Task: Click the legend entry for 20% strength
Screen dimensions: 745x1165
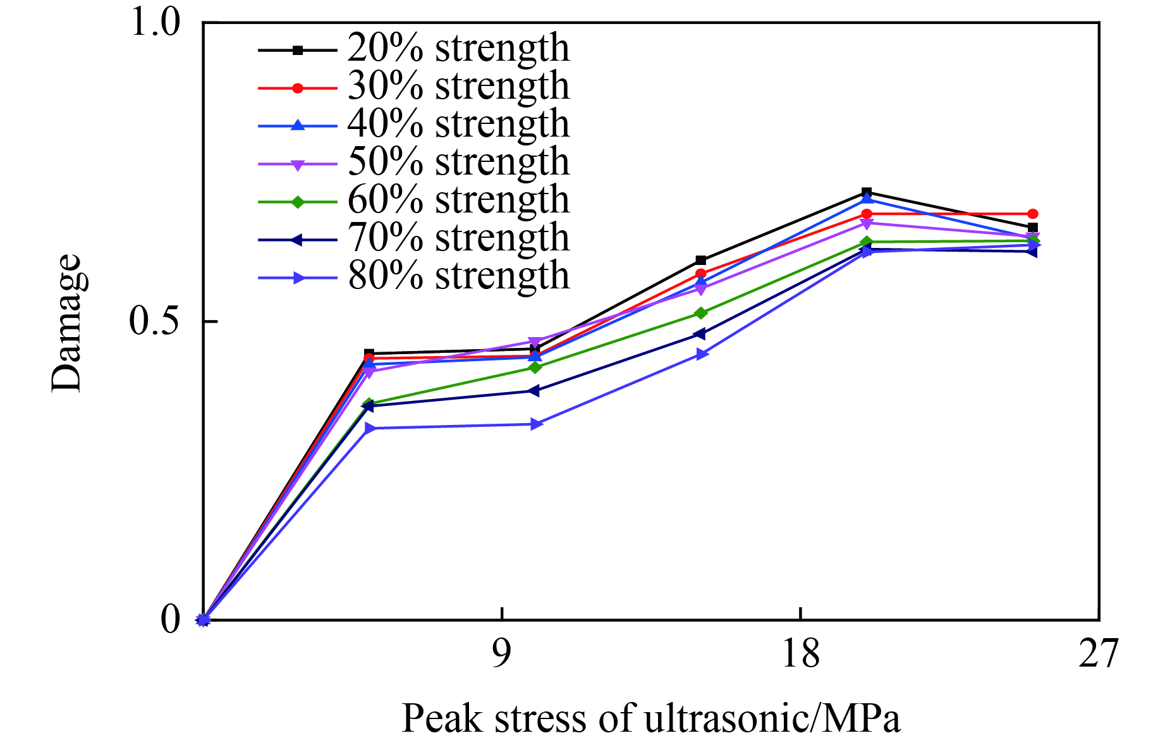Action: click(458, 48)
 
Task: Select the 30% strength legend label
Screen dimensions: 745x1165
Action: click(458, 86)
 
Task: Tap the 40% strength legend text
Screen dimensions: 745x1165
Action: click(458, 124)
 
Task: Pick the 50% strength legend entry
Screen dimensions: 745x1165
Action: click(458, 162)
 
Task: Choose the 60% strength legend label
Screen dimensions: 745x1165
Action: click(458, 200)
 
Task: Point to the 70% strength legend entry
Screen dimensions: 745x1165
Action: click(458, 238)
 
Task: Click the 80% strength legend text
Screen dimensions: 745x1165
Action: click(458, 276)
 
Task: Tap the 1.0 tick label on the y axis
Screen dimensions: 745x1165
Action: click(156, 23)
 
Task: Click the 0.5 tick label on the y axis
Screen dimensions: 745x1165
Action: click(156, 321)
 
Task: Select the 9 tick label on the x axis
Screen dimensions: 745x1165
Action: click(501, 654)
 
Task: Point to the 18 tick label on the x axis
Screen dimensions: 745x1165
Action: click(800, 654)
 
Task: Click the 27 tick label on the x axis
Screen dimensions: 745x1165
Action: click(1099, 654)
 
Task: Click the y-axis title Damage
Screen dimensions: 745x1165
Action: click(67, 323)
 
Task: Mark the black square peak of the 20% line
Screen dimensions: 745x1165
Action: click(867, 192)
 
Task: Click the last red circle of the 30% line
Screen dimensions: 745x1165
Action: click(1032, 214)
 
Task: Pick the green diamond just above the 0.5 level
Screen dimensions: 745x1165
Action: click(700, 313)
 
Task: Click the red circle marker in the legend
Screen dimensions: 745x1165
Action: click(298, 88)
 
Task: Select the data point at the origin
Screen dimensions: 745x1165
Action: click(203, 620)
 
